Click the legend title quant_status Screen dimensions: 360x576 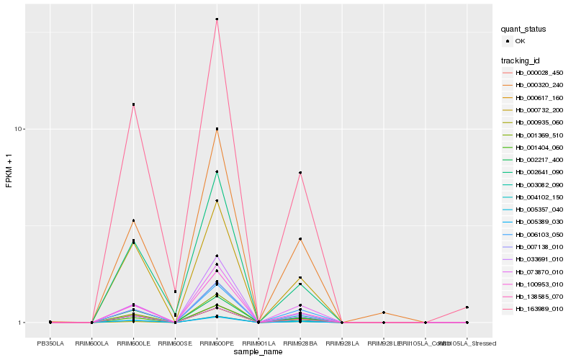tap(523, 29)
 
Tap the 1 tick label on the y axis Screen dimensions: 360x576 tap(23, 323)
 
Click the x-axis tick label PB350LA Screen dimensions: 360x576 tap(50, 343)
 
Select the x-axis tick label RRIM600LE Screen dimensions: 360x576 tap(133, 343)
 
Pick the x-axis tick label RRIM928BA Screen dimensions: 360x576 tap(300, 343)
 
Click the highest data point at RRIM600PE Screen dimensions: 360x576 tap(217, 19)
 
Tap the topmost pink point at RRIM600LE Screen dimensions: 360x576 tap(133, 104)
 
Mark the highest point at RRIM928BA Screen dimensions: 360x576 tap(300, 173)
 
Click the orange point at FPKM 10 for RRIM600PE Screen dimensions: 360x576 tap(217, 129)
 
